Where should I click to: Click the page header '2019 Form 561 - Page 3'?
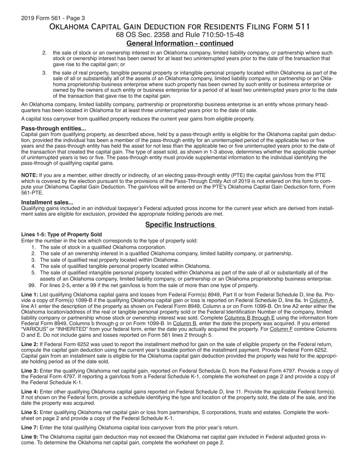click(53, 18)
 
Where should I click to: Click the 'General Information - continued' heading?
click(180, 43)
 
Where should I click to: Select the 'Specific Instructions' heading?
click(180, 225)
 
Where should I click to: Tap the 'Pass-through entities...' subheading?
click(53, 128)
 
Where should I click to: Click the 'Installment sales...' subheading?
click(47, 202)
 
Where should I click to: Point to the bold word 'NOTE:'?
click(29, 175)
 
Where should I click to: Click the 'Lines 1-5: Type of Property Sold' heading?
click(61, 235)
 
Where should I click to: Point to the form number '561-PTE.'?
click(32, 192)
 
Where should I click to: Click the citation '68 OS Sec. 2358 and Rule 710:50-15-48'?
click(180, 35)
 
